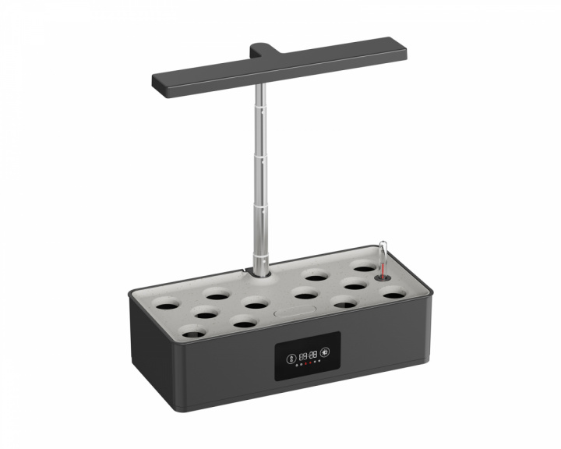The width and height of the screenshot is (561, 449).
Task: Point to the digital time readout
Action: click(308, 355)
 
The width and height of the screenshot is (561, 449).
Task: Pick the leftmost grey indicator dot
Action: click(296, 366)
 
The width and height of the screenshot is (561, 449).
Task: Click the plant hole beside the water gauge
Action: click(363, 269)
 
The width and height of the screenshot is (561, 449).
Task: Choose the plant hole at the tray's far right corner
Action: click(393, 294)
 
